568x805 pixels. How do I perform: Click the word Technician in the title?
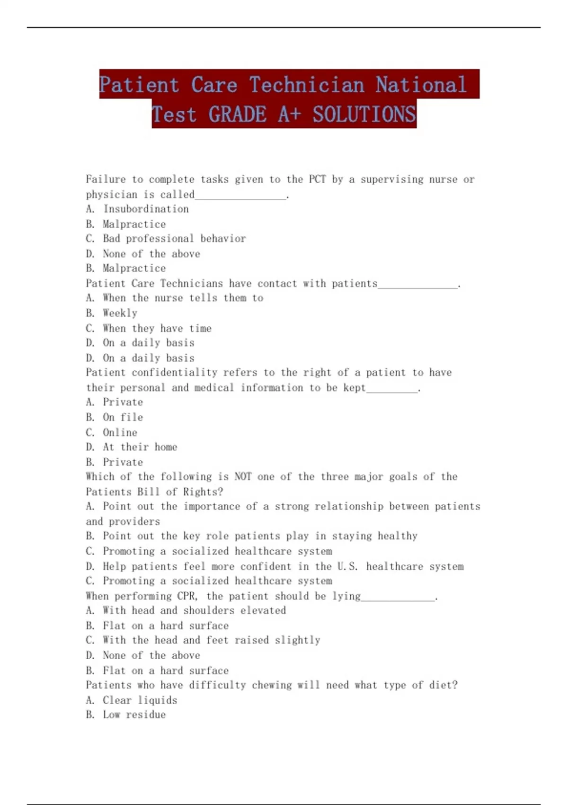pos(307,85)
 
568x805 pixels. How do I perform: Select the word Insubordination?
pos(146,209)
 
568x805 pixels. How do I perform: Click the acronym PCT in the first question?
pos(317,179)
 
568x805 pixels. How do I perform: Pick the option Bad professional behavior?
pos(174,239)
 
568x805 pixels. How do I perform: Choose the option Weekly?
pos(120,313)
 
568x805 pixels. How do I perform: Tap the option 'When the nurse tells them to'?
pos(183,298)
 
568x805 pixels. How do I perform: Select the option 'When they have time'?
pos(157,328)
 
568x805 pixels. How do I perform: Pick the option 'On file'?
pos(123,417)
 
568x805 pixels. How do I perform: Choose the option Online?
pos(120,432)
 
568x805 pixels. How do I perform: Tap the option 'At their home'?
pos(140,447)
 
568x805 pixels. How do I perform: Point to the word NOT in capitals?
pos(243,477)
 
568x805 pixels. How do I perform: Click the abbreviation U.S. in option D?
pos(347,566)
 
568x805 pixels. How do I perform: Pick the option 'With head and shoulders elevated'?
pos(194,610)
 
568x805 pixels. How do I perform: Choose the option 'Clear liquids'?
pos(140,700)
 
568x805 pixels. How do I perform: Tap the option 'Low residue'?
pos(134,715)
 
